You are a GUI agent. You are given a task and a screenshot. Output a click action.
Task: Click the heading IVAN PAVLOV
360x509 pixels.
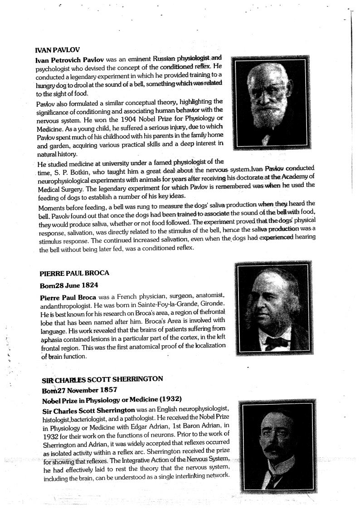click(58, 50)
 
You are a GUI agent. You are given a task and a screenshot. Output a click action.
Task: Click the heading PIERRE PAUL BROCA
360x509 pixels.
click(74, 274)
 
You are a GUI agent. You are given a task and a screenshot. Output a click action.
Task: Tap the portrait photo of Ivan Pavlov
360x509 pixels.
click(271, 103)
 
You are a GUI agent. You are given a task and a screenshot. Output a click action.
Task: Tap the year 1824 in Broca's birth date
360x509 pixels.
click(89, 286)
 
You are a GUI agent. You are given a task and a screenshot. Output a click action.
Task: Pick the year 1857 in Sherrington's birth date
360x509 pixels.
click(107, 390)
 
